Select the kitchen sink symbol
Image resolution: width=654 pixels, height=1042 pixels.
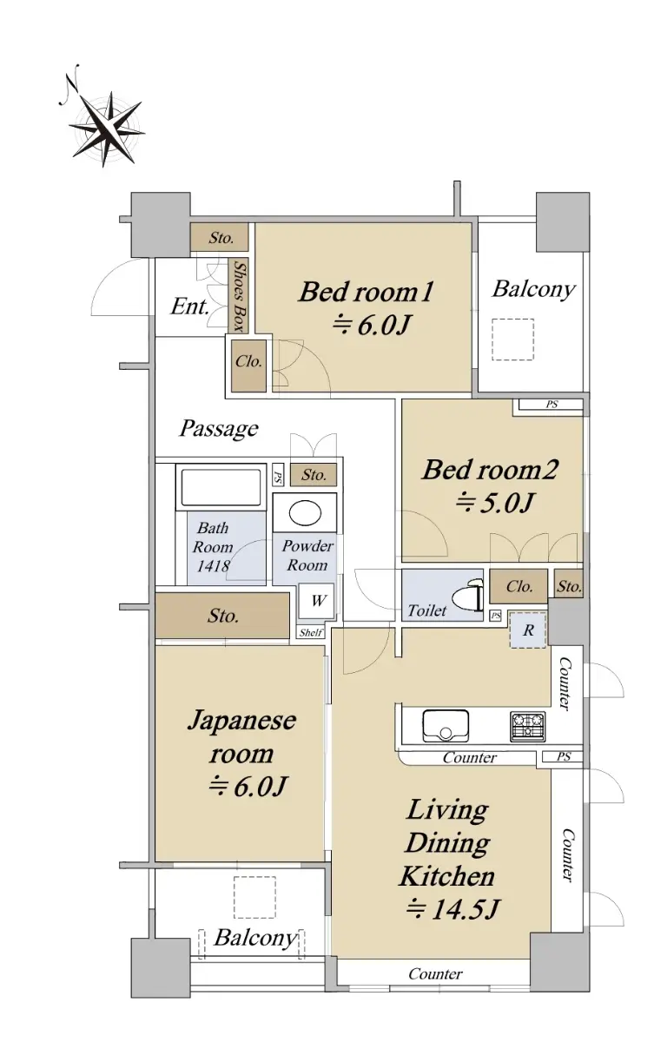click(x=446, y=725)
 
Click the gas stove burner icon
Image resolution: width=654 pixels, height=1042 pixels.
click(x=527, y=726)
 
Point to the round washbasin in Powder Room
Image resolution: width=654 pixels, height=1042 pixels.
click(x=305, y=512)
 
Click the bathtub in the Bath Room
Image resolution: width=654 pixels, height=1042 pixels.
click(x=221, y=487)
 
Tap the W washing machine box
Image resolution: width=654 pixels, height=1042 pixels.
click(x=316, y=601)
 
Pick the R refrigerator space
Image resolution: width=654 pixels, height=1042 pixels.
click(x=528, y=630)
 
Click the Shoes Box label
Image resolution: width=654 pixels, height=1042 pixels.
click(x=239, y=296)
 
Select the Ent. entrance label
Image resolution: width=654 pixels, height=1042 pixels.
click(x=189, y=307)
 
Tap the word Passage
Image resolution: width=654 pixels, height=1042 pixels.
click(x=219, y=429)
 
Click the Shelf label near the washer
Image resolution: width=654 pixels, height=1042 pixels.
click(x=311, y=632)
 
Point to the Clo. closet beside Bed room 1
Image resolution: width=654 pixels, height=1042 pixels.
click(x=249, y=366)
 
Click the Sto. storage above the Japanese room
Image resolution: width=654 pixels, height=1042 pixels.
click(x=222, y=616)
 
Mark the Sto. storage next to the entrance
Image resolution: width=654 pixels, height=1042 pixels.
click(x=220, y=238)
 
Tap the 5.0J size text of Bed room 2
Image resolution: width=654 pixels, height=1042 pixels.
click(x=494, y=503)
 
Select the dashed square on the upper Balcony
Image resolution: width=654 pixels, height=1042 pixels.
click(x=513, y=340)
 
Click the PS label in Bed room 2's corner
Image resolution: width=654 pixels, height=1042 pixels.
click(x=552, y=405)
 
